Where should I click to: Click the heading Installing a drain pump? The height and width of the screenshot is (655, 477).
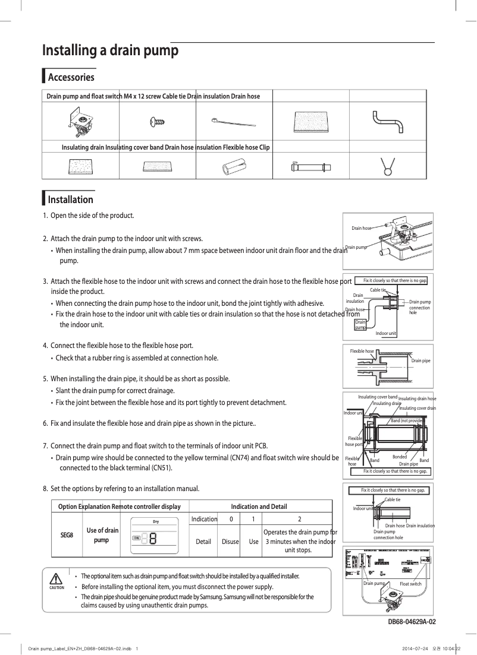coord(110,50)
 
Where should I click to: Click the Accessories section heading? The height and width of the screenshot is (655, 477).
coord(71,77)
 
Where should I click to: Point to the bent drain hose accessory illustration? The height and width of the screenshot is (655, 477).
coord(387,122)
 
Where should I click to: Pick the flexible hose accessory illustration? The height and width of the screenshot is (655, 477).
coord(310,167)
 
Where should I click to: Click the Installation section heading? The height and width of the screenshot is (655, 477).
coord(70,200)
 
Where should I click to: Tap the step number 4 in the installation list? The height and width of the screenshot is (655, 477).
coord(45,346)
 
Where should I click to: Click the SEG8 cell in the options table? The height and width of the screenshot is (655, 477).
coord(67,534)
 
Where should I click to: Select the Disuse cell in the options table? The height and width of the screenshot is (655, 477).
coord(230,542)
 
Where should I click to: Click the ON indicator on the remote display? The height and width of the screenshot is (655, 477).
coord(136,539)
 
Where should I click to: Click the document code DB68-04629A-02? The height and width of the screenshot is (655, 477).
coord(412,622)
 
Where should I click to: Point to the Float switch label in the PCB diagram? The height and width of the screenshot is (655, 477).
coord(410,584)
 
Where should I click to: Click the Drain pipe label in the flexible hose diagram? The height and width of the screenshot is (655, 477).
coord(420,360)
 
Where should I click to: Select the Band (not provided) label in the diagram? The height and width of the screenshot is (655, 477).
coord(407,420)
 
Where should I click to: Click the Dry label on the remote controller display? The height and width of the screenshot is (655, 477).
coord(155,521)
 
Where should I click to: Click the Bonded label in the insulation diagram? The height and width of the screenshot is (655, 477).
coord(400,457)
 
